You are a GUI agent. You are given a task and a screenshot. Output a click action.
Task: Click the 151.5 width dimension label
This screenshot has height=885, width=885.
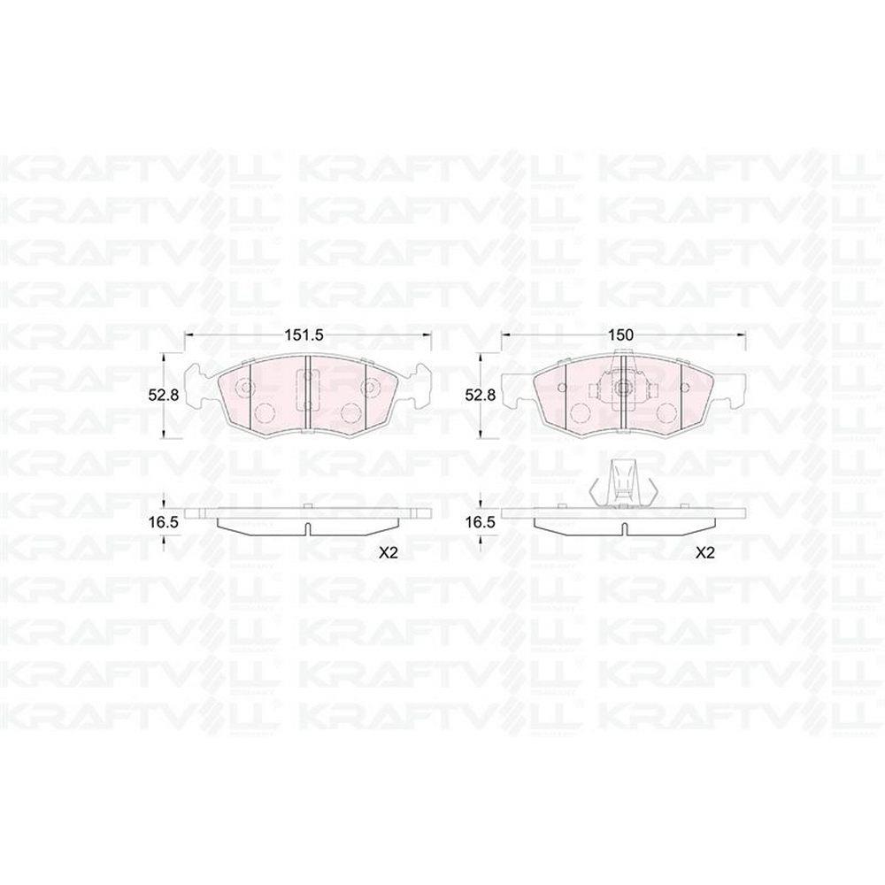[303, 335]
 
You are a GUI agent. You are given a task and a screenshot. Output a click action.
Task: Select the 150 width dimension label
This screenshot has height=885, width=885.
[620, 335]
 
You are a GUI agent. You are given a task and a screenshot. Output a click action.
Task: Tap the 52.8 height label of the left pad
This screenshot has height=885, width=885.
[163, 395]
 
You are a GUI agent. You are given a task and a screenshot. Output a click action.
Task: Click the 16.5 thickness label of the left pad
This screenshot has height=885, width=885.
[163, 523]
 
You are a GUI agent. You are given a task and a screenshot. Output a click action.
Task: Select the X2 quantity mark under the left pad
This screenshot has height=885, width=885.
[389, 553]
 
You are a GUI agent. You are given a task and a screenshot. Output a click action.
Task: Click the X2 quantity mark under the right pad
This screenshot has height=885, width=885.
[704, 553]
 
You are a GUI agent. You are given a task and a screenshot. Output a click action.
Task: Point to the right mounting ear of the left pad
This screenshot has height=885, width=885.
[415, 386]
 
